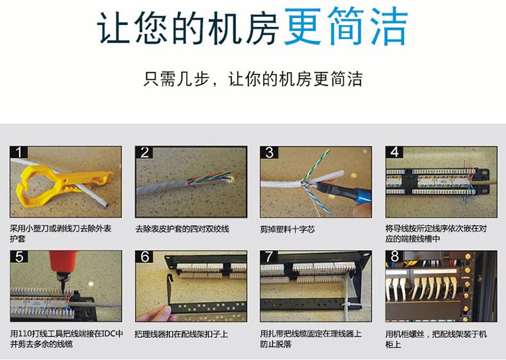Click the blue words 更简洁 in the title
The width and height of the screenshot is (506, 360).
coord(346,27)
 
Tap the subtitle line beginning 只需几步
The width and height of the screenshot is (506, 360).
coord(253,79)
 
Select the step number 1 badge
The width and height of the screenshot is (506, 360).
coord(18,152)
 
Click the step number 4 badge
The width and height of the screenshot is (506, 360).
coord(395,152)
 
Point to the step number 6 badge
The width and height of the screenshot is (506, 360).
coord(144,257)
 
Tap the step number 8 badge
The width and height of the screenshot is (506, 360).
coord(395,256)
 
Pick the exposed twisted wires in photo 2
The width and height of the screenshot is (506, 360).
coord(210,178)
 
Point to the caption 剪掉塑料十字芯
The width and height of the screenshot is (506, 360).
coord(287,229)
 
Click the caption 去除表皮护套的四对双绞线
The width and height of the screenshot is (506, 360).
coord(182,229)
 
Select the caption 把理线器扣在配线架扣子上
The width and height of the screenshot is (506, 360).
coord(181,334)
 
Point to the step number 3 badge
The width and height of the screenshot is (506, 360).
coord(269,152)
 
